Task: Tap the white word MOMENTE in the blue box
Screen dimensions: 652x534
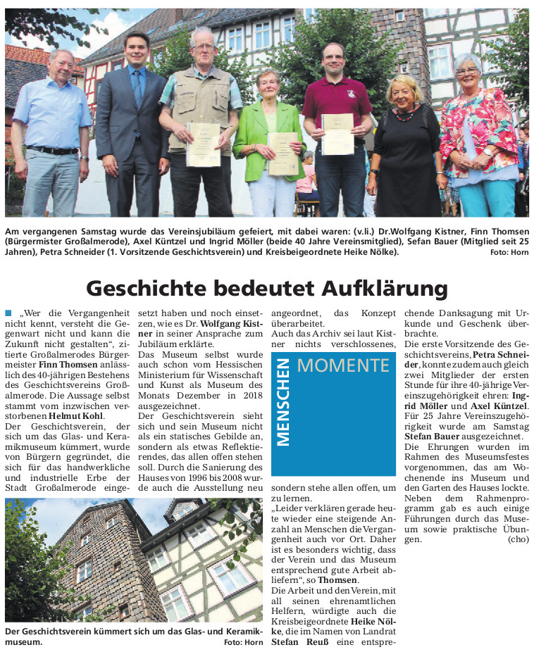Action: tap(343, 365)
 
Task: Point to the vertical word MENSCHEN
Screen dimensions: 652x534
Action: tap(283, 402)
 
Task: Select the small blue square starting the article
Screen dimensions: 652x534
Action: tap(8, 312)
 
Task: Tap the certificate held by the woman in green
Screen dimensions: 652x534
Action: tap(282, 153)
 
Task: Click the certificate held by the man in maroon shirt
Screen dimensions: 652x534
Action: tap(337, 134)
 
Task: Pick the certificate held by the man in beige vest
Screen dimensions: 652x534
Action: tap(203, 144)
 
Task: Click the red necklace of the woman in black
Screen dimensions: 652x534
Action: tap(404, 115)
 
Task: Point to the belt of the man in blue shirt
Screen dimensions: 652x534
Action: tap(53, 150)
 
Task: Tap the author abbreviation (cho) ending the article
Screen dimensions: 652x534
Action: tap(517, 539)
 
